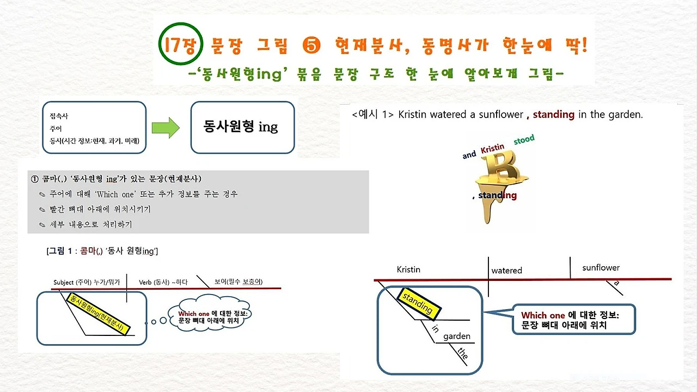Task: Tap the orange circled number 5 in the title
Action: coord(311,45)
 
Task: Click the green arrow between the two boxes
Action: coord(166,127)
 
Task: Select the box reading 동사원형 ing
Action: coord(243,127)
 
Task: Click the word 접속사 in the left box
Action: coord(59,116)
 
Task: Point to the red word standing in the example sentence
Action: coord(554,114)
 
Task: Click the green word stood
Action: coord(524,139)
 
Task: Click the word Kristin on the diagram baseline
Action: coord(408,269)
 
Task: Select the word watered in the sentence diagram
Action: coord(506,271)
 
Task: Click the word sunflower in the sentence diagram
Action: coord(601,267)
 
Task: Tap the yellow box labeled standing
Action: coord(419,304)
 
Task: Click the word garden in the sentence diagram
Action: coord(457,336)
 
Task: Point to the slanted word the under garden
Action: coord(463,353)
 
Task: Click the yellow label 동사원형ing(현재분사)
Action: coord(98,314)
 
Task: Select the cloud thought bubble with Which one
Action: coord(209,314)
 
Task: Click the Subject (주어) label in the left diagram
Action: coord(87,282)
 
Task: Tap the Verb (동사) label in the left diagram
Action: coord(163,282)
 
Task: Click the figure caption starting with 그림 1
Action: coord(102,251)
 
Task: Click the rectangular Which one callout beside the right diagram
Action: coord(573,320)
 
